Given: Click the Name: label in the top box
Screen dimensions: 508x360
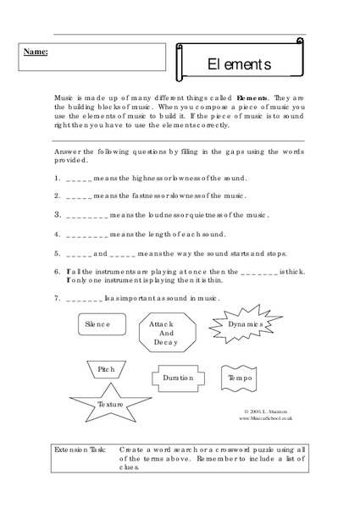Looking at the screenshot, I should (x=36, y=52).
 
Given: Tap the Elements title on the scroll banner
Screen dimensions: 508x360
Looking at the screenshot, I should (x=239, y=64).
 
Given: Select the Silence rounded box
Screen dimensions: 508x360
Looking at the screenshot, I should (x=102, y=323).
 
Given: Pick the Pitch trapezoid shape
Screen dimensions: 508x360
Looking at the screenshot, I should (x=106, y=370).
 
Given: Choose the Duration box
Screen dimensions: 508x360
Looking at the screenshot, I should (x=178, y=378).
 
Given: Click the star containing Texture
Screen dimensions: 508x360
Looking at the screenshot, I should (x=110, y=404).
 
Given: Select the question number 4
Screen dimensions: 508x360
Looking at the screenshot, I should (x=56, y=234).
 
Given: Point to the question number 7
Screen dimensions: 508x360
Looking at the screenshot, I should (x=56, y=298).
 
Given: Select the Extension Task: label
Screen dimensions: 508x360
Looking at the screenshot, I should (x=80, y=449).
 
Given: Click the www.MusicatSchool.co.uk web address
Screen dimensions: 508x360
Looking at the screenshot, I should (x=266, y=417).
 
